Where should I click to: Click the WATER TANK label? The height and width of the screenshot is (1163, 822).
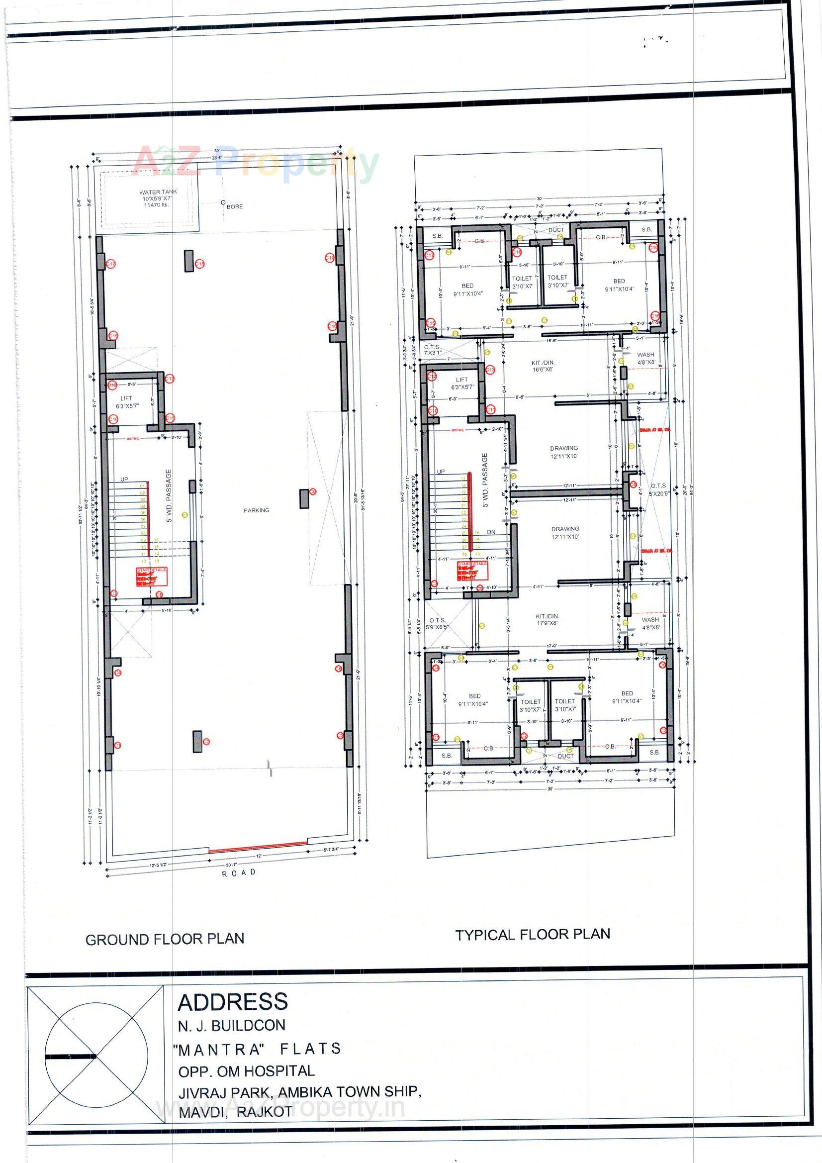158,193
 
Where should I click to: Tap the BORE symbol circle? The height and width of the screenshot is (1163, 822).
223,202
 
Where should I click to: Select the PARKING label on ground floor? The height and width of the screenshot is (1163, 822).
256,510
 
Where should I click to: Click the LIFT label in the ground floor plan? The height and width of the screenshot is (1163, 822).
126,398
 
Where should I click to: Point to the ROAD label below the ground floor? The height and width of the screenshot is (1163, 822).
239,873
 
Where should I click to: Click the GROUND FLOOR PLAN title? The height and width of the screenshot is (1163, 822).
165,940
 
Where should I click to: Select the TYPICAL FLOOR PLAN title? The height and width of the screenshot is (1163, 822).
532,935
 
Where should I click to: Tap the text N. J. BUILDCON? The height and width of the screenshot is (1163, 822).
231,1025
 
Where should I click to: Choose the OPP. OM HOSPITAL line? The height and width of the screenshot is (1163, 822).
246,1071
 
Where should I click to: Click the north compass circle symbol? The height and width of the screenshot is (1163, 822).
96,1057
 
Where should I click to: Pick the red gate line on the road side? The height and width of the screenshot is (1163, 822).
258,846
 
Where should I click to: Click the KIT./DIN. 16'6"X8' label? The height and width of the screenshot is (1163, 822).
543,366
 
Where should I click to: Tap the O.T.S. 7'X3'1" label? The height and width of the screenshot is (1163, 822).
432,350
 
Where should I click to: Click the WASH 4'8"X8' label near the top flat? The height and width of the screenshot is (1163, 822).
646,358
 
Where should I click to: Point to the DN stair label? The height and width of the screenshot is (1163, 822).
491,532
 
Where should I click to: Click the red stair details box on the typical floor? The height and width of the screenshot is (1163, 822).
472,571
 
